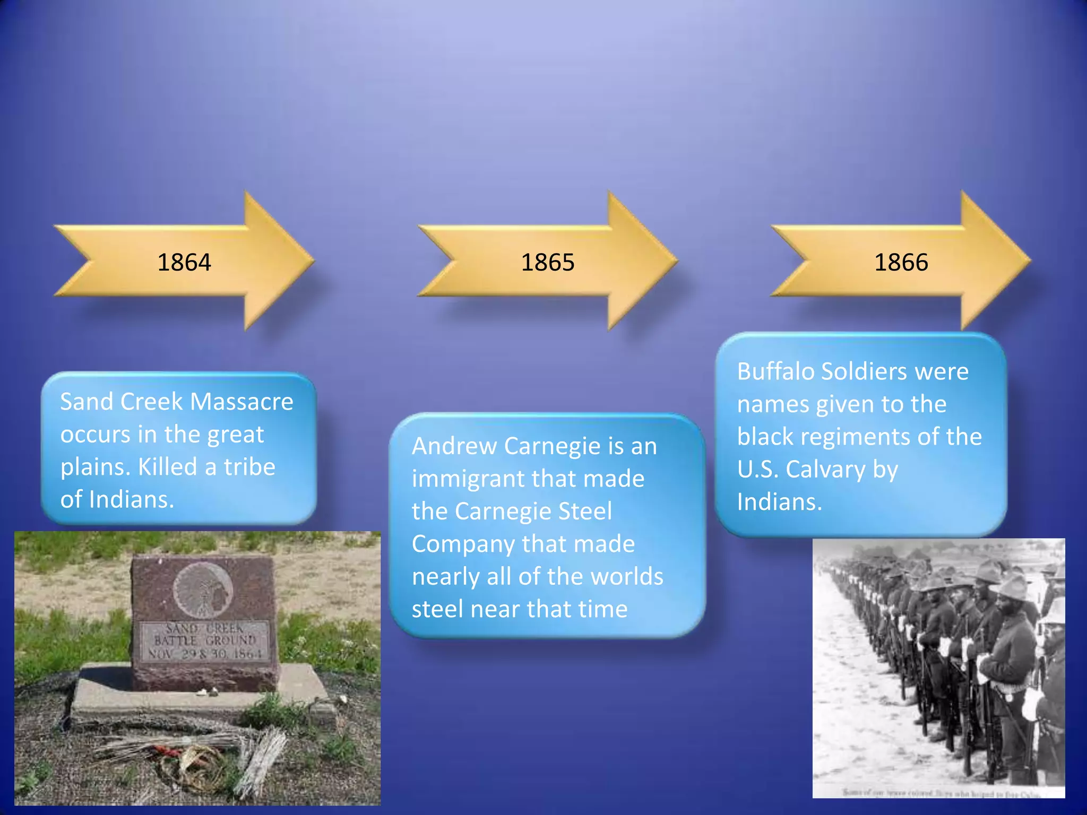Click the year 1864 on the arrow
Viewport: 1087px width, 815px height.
pos(184,262)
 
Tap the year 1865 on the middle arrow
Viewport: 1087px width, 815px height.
pos(547,262)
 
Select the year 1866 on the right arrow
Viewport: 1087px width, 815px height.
pos(901,262)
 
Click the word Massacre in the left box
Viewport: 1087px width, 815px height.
pos(241,402)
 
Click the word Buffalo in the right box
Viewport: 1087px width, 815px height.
pos(775,371)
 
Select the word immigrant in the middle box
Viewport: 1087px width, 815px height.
pos(468,479)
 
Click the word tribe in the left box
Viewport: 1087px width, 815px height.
pos(249,467)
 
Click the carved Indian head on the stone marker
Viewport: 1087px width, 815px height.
pos(203,589)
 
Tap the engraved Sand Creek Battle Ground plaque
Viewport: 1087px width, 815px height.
pos(205,641)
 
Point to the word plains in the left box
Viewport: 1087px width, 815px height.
pos(95,467)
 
